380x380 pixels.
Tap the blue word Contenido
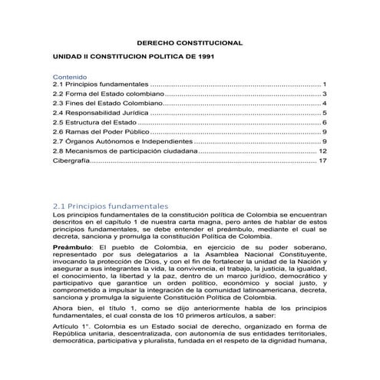pyautogui.click(x=70, y=78)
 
